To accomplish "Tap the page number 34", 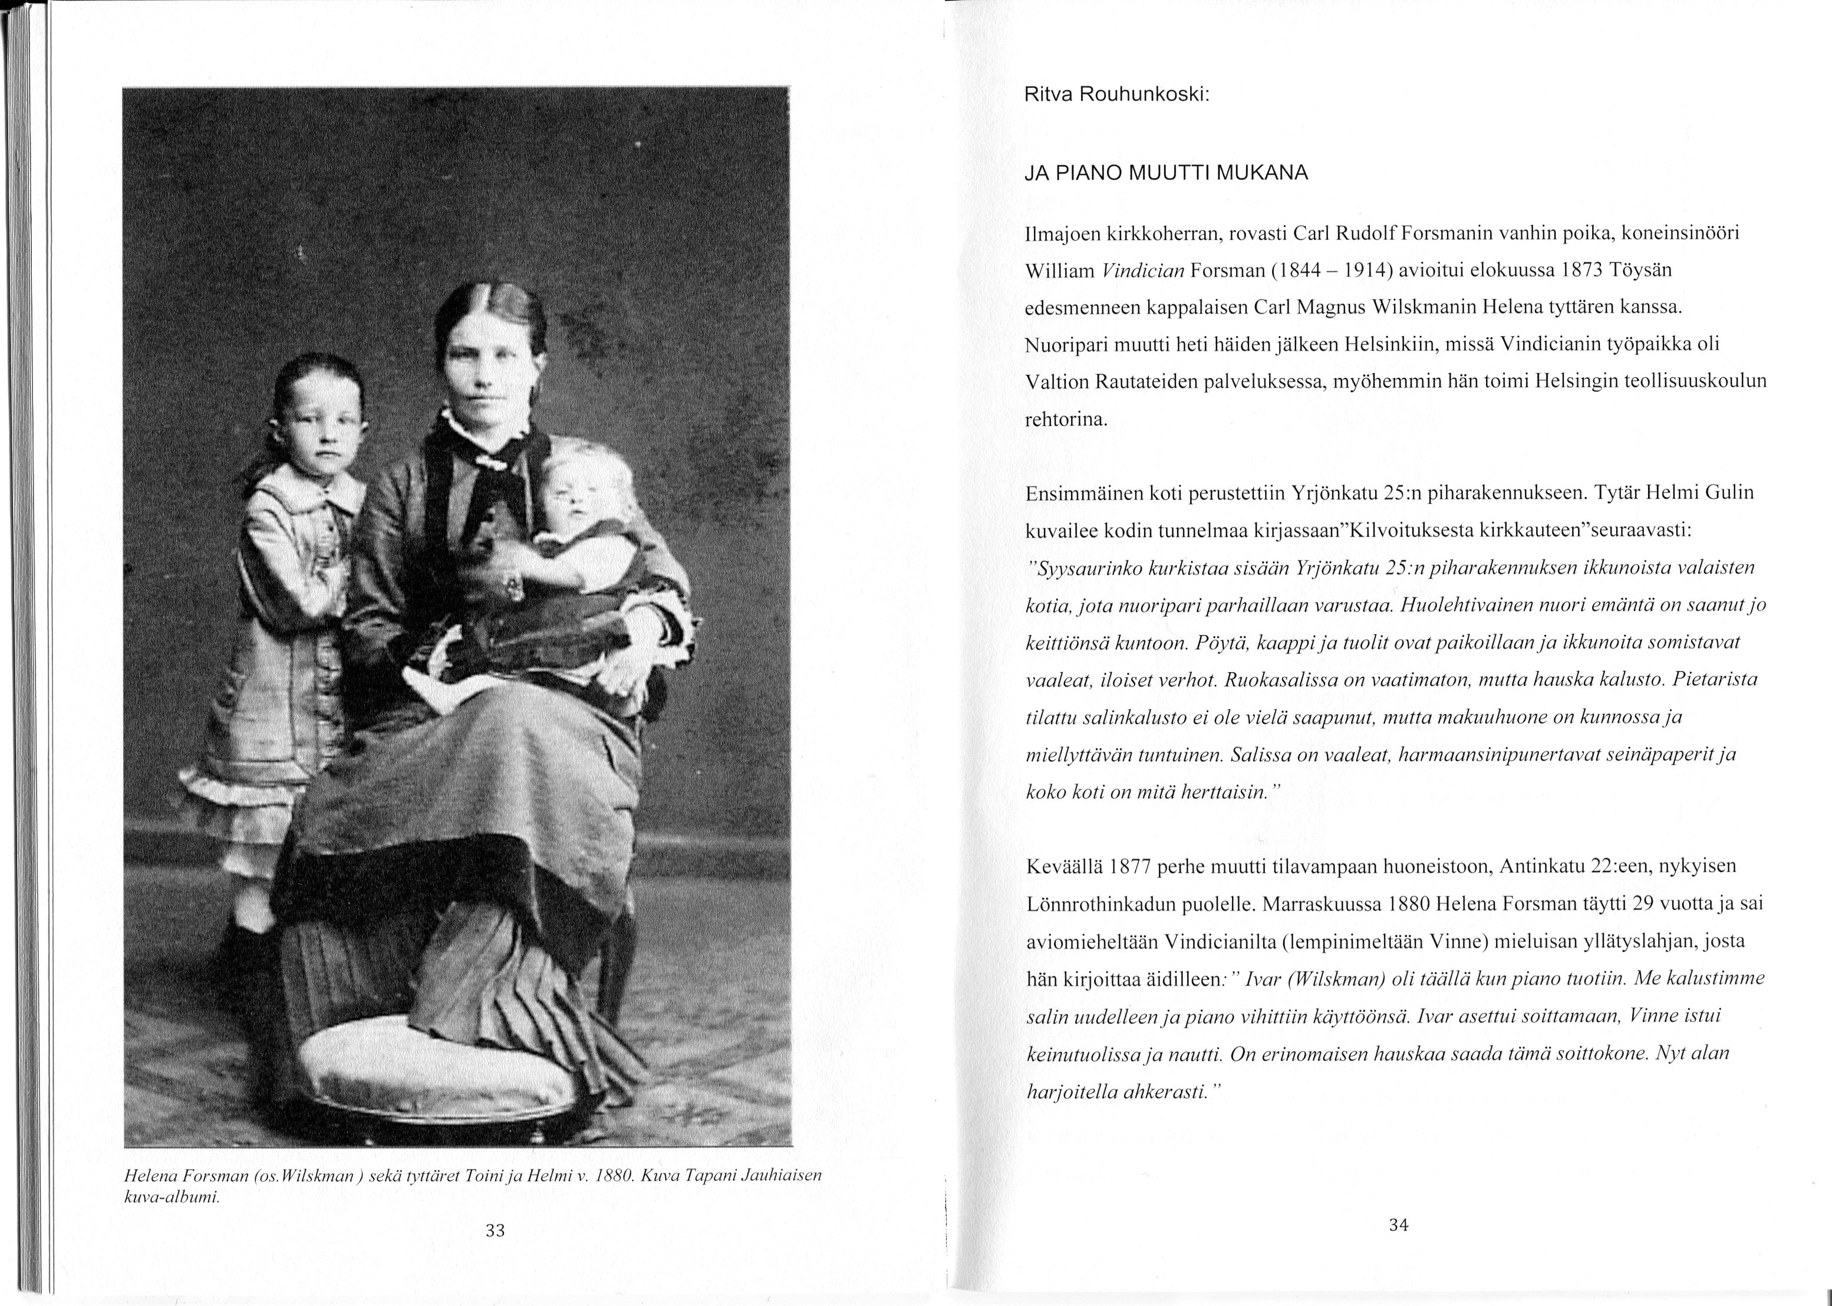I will tap(1398, 1225).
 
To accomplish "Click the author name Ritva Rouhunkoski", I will tap(1116, 94).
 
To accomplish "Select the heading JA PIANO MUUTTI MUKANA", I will tap(1167, 173).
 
